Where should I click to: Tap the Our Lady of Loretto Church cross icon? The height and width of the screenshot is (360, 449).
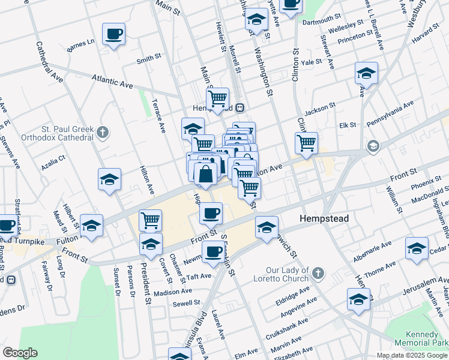pos(318,274)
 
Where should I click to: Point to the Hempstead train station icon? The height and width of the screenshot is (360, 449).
pos(240,107)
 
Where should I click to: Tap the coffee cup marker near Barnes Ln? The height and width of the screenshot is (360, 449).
pos(113,34)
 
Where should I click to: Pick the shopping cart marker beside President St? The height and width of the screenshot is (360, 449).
pos(150,220)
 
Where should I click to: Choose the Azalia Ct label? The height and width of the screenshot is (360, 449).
pos(53,161)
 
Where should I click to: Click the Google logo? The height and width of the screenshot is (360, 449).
pos(20,353)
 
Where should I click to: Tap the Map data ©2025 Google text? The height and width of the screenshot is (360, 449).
pos(411,355)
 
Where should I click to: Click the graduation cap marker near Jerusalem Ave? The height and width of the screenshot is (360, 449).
pos(358,299)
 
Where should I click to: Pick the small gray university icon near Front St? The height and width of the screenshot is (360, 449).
pos(373,146)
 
